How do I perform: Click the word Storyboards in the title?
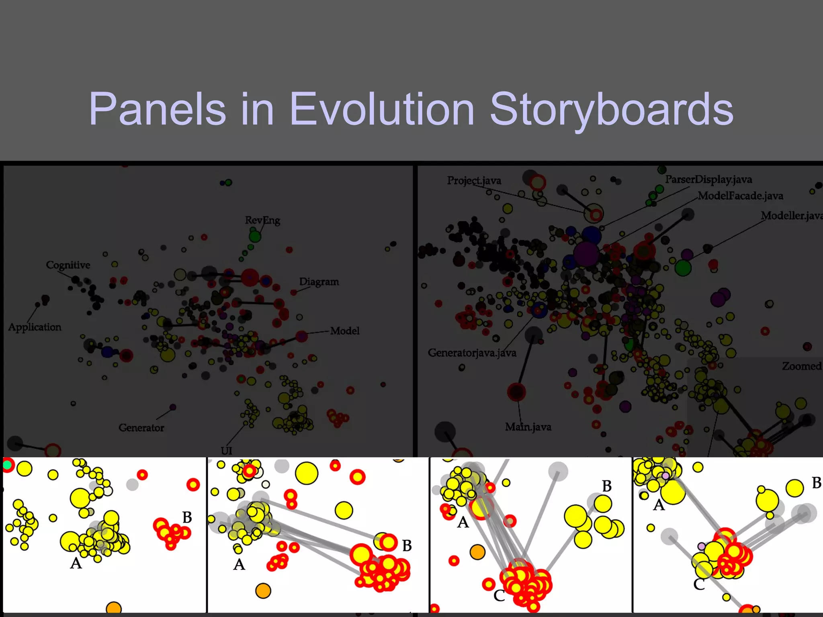coord(612,109)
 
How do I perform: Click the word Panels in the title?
coord(157,109)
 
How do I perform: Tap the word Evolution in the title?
coord(382,109)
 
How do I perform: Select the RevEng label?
coord(262,220)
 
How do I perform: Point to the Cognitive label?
coord(68,265)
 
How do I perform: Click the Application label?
coord(35,327)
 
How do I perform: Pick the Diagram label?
coord(319,282)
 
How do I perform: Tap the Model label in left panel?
coord(345,331)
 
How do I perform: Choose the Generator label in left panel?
coord(141,427)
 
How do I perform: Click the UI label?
coord(226,451)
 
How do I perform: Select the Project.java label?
coord(474,180)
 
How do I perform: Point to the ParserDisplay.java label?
coord(708,179)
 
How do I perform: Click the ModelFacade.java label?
coord(741,196)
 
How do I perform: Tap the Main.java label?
coord(528,427)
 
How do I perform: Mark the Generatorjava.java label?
coord(472,353)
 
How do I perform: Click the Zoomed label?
coord(801,366)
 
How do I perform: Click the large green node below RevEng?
coord(255,236)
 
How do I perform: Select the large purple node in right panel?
coord(586,254)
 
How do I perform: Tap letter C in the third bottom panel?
coord(499,595)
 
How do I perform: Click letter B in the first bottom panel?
coord(187,517)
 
